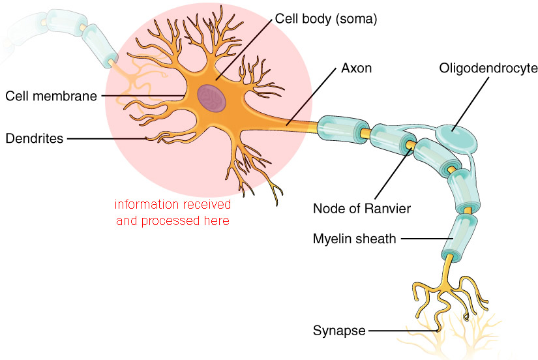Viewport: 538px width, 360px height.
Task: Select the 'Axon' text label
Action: [x=356, y=68]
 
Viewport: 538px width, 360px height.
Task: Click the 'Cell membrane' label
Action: [x=51, y=96]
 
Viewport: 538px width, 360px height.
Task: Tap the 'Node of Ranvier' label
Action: [x=362, y=209]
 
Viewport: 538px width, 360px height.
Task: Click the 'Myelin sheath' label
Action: [x=354, y=239]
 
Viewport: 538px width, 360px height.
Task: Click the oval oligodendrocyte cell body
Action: [x=455, y=137]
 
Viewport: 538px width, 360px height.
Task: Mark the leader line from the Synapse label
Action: [x=401, y=331]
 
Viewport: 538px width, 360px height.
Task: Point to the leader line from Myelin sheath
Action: [x=421, y=239]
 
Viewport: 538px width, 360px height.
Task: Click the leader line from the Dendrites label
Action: [x=108, y=138]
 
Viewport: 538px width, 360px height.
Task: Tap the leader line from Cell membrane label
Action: [x=143, y=96]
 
